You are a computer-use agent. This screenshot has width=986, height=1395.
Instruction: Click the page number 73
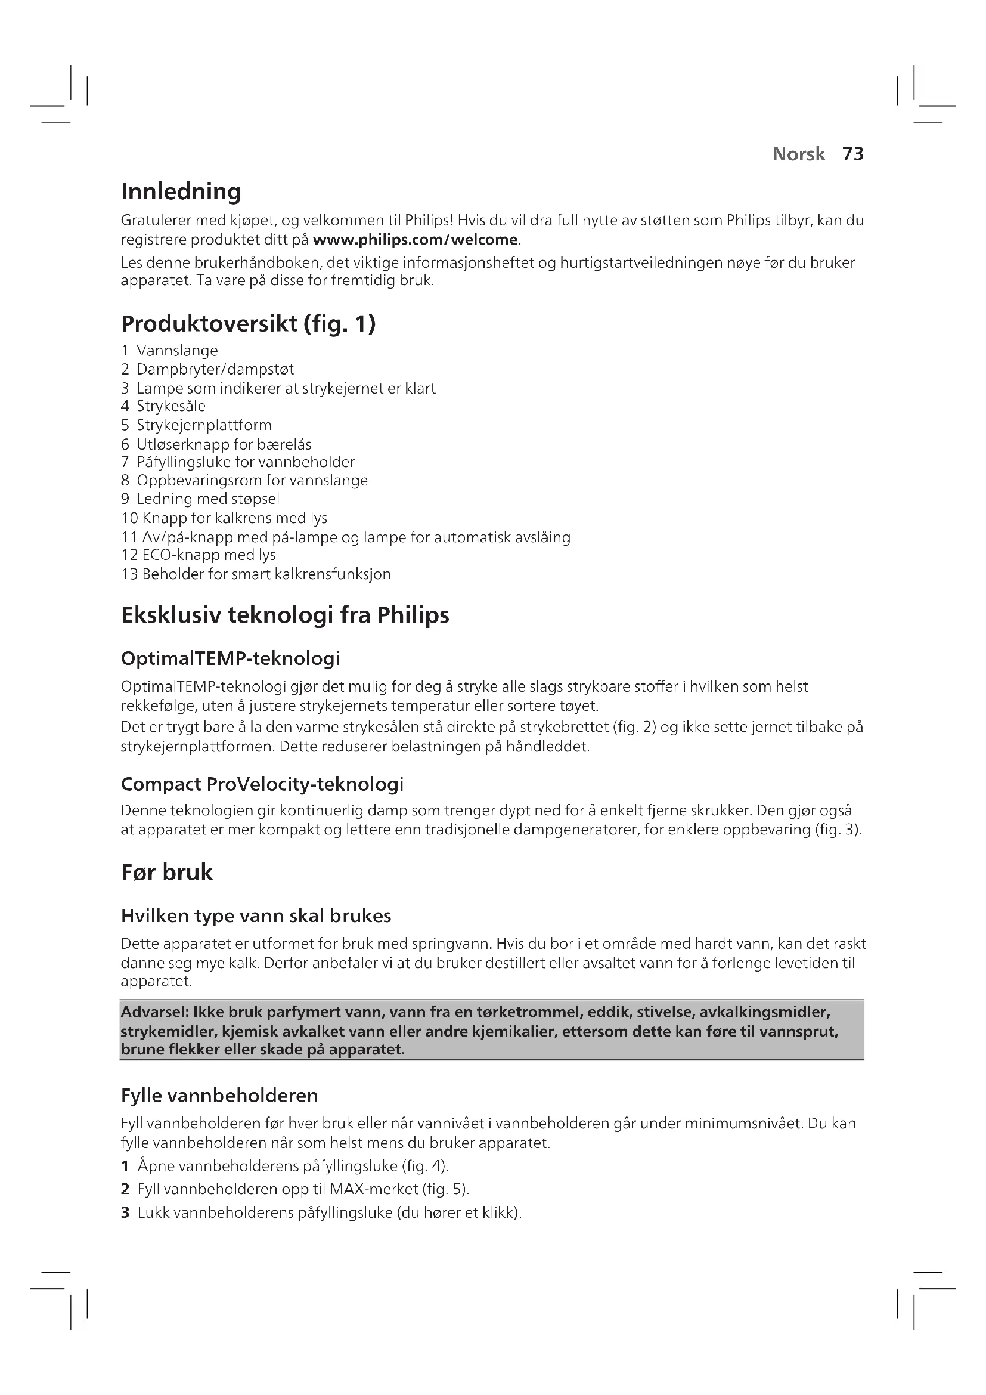(852, 154)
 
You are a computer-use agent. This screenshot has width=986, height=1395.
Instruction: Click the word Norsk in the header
(798, 154)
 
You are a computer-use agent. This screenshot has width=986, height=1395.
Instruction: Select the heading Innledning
(181, 191)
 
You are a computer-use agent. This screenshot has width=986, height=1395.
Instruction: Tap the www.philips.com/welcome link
(416, 239)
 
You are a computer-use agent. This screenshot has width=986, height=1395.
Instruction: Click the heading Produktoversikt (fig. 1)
(249, 324)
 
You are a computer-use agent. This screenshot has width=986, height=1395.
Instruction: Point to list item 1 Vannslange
(169, 351)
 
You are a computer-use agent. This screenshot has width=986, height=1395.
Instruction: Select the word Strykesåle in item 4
(171, 406)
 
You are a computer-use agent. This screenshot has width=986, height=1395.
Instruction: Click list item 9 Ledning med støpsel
(200, 499)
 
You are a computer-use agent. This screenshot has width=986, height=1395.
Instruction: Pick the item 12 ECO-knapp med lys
(199, 555)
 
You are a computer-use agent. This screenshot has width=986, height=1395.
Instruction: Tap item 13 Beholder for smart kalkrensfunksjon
(256, 574)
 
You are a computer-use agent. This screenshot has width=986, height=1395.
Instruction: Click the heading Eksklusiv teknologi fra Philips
(285, 615)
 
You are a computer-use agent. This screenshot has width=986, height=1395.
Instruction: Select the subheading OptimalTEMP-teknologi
(230, 658)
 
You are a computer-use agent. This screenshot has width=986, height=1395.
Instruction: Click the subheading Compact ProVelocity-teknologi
(262, 784)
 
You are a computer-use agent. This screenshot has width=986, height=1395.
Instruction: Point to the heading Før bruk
(167, 873)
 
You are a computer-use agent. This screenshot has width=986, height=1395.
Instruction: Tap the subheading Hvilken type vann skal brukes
(256, 915)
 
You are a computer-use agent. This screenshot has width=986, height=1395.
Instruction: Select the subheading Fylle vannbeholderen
(219, 1096)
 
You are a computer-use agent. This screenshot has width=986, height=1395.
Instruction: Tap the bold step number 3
(125, 1212)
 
